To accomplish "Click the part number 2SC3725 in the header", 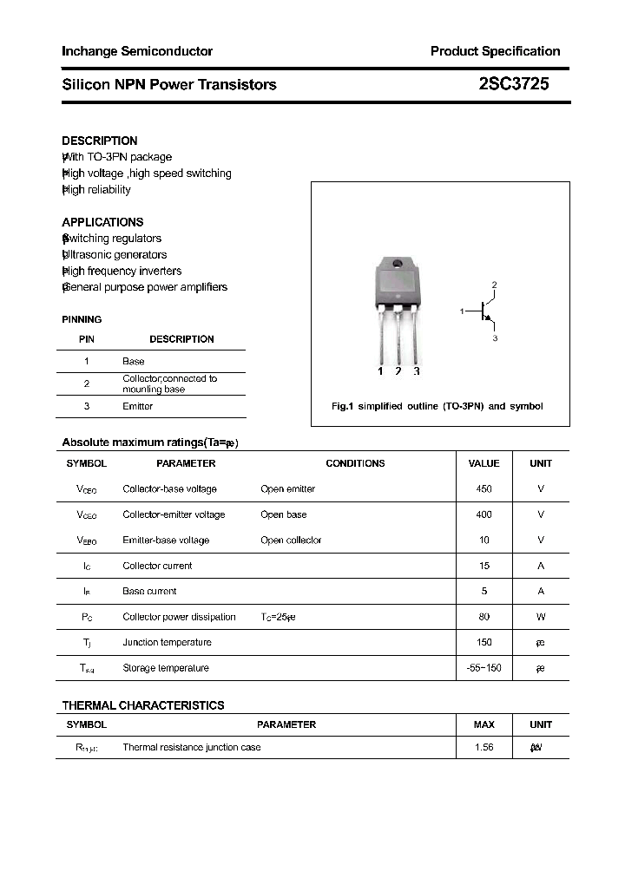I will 513,84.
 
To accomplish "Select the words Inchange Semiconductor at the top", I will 137,51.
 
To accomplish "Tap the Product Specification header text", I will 495,51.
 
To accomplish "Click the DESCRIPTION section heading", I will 100,141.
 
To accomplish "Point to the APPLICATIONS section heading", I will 102,222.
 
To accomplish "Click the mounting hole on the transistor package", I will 398,264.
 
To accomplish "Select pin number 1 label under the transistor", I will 380,371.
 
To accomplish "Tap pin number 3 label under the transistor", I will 417,371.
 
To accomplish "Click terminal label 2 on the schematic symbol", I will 494,285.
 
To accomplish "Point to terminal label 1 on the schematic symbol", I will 463,310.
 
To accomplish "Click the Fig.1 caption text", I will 437,406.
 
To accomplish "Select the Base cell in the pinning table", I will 134,361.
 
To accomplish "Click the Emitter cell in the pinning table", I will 137,406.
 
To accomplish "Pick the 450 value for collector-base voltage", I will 484,489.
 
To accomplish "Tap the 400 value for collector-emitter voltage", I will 484,514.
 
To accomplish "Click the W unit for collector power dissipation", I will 541,617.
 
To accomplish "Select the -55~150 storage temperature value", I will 484,668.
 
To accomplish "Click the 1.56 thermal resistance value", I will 484,747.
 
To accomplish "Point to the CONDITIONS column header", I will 355,463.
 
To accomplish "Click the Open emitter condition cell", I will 287,489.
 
